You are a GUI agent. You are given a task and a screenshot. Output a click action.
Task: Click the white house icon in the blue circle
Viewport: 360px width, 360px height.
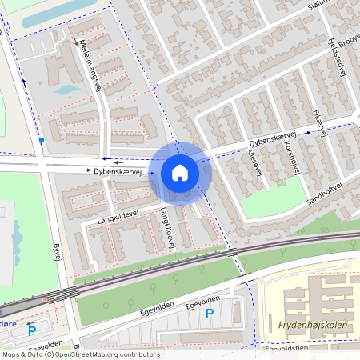(x=180, y=172)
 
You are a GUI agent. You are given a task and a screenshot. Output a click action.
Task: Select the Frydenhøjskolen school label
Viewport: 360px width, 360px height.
(x=313, y=326)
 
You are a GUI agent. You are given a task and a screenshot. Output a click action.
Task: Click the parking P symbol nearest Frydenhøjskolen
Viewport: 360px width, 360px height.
(x=210, y=314)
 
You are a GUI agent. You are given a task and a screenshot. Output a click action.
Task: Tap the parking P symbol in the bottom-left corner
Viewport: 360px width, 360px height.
(x=32, y=330)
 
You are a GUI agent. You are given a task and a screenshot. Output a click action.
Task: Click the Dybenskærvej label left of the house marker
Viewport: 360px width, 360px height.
(x=117, y=171)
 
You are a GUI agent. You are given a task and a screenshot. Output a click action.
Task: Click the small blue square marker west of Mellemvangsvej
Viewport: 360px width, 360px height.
(x=41, y=141)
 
